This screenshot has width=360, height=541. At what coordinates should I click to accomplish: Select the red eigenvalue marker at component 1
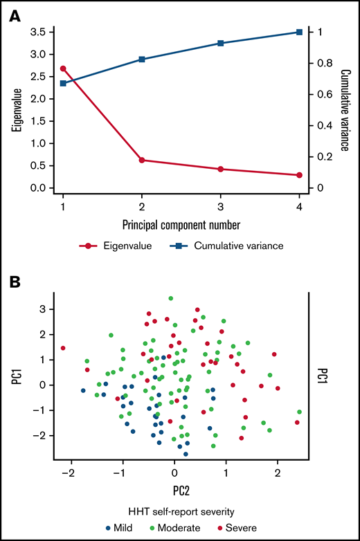pos(63,68)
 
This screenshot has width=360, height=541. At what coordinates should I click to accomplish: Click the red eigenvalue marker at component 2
pos(142,160)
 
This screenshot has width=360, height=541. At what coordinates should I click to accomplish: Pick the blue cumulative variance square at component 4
pos(300,33)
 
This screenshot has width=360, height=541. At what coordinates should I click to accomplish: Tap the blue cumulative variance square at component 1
pos(63,83)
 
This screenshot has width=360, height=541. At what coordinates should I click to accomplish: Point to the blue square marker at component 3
pos(221,43)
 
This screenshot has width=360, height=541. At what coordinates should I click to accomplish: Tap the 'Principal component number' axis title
pos(181,223)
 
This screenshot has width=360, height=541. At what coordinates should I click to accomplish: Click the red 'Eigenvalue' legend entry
pos(151,244)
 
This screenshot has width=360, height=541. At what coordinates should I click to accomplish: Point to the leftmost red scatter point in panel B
pos(63,348)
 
